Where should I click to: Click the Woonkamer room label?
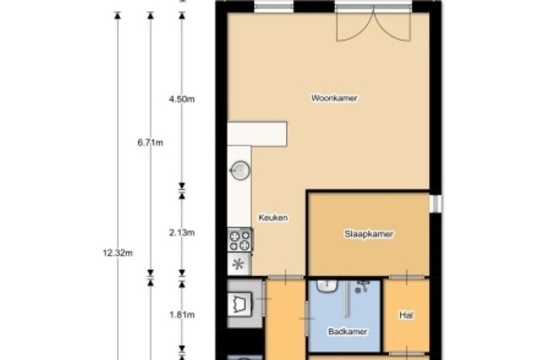pyautogui.click(x=334, y=98)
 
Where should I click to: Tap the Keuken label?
pyautogui.click(x=273, y=218)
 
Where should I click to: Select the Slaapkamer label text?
pyautogui.click(x=369, y=234)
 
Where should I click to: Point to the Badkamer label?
pyautogui.click(x=347, y=332)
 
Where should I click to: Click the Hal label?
pyautogui.click(x=406, y=315)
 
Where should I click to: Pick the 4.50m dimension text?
pyautogui.click(x=182, y=99)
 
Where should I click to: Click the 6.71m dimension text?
pyautogui.click(x=150, y=143)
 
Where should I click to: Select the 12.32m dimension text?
pyautogui.click(x=117, y=253)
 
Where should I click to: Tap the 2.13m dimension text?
pyautogui.click(x=182, y=233)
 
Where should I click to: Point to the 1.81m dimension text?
pyautogui.click(x=182, y=315)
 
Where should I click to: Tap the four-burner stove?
pyautogui.click(x=239, y=240)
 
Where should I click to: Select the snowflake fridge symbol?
pyautogui.click(x=238, y=264)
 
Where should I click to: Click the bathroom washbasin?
pyautogui.click(x=327, y=286)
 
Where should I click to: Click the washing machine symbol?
pyautogui.click(x=239, y=304)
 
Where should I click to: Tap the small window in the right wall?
pyautogui.click(x=436, y=204)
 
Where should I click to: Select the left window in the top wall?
pyautogui.click(x=274, y=6)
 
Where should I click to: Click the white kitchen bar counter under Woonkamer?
pyautogui.click(x=257, y=134)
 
